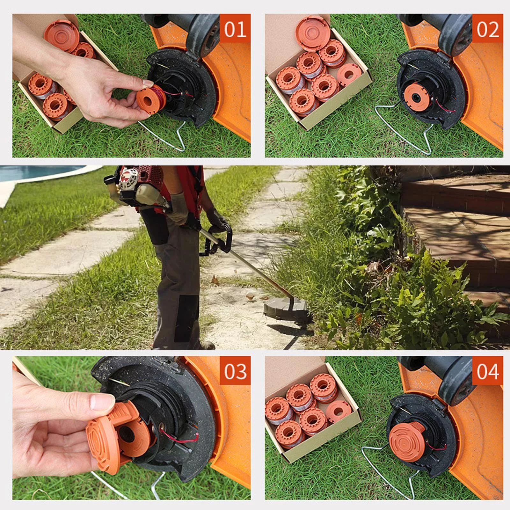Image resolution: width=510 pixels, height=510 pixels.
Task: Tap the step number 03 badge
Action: point(235,371)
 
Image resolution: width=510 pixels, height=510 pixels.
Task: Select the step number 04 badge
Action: point(487,371)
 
